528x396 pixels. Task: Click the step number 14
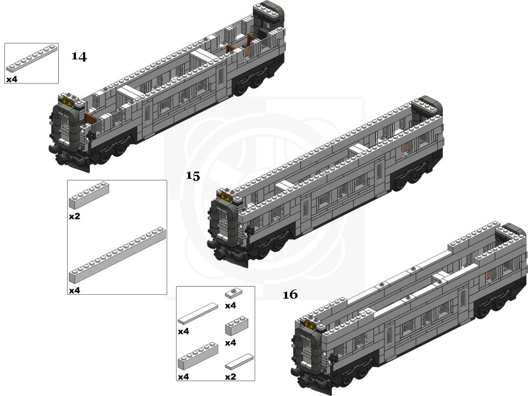point(79,56)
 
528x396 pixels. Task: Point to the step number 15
point(193,176)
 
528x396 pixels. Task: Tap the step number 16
point(290,295)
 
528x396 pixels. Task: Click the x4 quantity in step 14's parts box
point(12,79)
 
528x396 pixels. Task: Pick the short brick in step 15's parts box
point(89,196)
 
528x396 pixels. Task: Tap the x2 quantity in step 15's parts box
point(74,216)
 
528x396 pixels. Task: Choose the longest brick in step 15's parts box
point(117,255)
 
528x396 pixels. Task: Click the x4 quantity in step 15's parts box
point(74,290)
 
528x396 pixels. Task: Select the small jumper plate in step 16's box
point(233,293)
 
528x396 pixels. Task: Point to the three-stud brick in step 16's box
point(237,326)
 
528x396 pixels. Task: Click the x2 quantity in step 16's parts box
point(230,377)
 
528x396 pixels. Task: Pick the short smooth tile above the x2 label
point(239,362)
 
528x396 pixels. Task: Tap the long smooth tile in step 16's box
point(197,313)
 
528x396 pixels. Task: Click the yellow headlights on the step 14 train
point(67,101)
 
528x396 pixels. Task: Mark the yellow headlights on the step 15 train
point(226,196)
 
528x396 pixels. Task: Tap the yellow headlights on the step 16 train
point(310,324)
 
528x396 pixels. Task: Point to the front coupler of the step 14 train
point(62,159)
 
